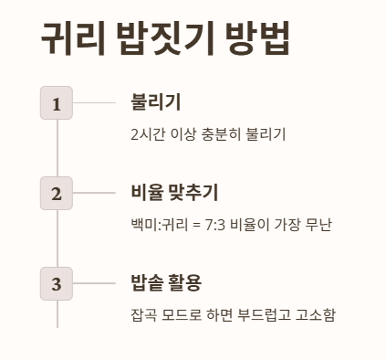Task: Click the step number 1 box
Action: coord(57,103)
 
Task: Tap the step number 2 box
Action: coord(57,194)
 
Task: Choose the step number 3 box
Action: coord(57,284)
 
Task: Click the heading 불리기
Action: coord(156,102)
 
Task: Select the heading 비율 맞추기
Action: coord(174,193)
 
